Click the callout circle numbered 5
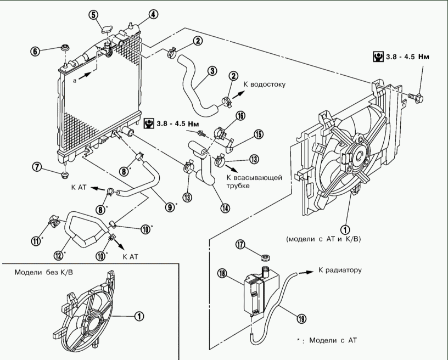[x=93, y=15]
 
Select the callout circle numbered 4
[x=153, y=14]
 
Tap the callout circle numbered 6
[x=35, y=51]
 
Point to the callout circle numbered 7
[x=37, y=167]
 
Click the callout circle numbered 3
[x=212, y=71]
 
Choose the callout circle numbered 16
[x=240, y=116]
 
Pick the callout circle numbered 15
[x=259, y=134]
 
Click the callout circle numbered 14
[x=225, y=208]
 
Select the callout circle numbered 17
[x=241, y=245]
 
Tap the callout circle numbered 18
[x=222, y=273]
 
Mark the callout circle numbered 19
[x=301, y=318]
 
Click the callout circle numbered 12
[x=59, y=255]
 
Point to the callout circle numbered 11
[x=36, y=241]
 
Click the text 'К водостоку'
[x=264, y=85]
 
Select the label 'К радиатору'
[x=340, y=270]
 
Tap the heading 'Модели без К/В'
[x=44, y=272]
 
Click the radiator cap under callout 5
[x=107, y=30]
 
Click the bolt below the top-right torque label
[x=416, y=98]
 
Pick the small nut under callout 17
[x=266, y=258]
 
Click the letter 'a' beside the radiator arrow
[x=75, y=81]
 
